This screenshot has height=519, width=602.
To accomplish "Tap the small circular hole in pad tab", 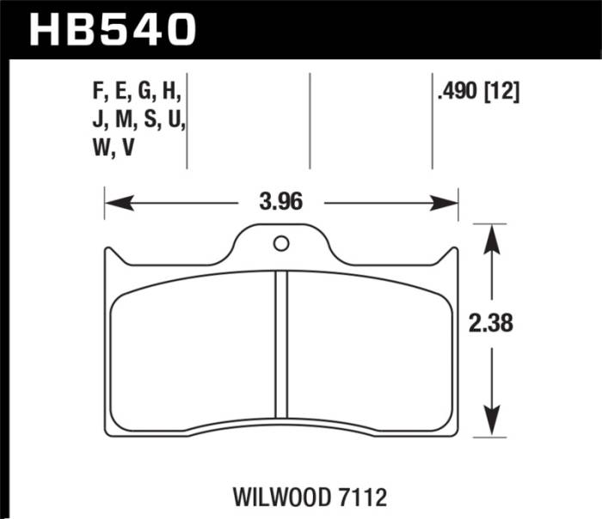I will click(x=280, y=243).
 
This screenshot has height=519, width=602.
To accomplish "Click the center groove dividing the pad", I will click(x=280, y=344).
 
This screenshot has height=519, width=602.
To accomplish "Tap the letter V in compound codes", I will click(x=128, y=147).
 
